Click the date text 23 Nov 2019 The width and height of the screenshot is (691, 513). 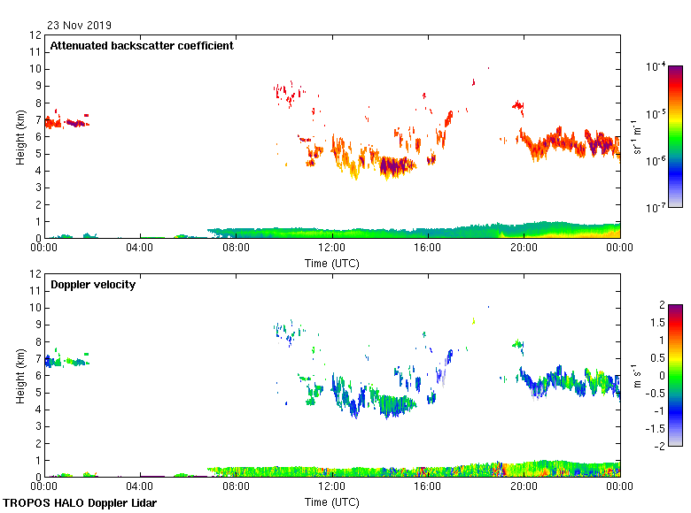point(80,26)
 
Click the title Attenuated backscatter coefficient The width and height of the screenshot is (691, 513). point(142,45)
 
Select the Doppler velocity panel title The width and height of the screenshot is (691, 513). point(93,285)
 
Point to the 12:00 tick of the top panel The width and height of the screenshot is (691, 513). point(332,249)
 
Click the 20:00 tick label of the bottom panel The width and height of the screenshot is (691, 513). point(524,486)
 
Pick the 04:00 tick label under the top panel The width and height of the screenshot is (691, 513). point(140,249)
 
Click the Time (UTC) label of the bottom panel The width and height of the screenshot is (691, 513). point(332,502)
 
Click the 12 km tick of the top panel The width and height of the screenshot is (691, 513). point(36,35)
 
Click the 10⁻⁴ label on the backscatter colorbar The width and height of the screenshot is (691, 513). point(656,66)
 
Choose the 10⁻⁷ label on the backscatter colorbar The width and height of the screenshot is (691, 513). point(656,208)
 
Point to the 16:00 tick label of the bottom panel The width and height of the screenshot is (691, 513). point(428,486)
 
